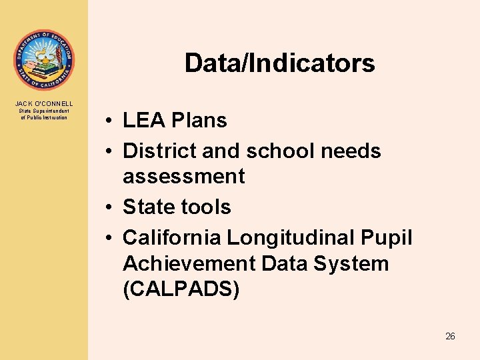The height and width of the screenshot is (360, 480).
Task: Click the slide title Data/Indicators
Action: (x=279, y=63)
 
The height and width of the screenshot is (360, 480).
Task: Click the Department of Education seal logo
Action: (x=44, y=60)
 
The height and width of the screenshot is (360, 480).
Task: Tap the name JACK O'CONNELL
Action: (x=44, y=103)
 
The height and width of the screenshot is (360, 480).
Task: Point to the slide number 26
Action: (x=450, y=337)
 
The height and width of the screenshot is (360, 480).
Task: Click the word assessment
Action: (x=184, y=177)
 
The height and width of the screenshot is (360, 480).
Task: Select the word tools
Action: (x=203, y=207)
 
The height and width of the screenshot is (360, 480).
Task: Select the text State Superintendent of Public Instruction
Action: (x=44, y=115)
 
